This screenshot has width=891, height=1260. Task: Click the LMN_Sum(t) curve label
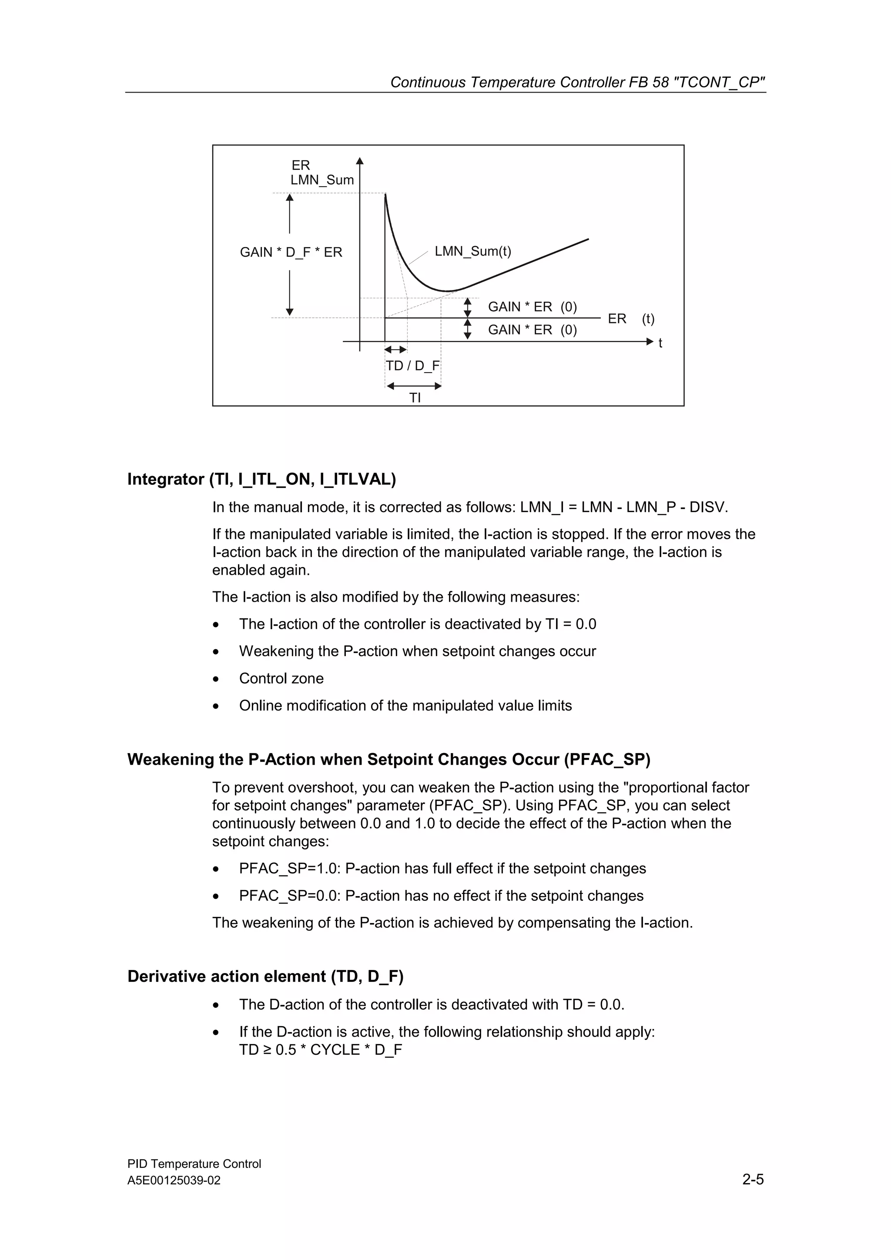(x=472, y=251)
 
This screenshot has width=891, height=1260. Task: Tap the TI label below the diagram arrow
(x=415, y=398)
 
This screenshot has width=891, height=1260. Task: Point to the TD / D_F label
(x=413, y=366)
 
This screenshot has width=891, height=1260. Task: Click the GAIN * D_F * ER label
(x=291, y=253)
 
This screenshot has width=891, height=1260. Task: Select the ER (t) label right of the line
(x=631, y=319)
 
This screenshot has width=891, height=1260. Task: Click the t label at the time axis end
(x=660, y=343)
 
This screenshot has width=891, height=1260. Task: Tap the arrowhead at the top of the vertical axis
(x=360, y=161)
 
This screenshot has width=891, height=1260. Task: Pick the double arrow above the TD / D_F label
(x=395, y=350)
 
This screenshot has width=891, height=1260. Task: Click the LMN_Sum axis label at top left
(x=322, y=180)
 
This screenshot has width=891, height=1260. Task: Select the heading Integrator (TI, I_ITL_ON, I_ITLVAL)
(x=261, y=479)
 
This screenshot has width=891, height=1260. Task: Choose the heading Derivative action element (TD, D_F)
(x=265, y=976)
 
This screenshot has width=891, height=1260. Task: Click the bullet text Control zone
(x=281, y=678)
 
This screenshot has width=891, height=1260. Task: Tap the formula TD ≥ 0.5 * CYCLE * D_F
(x=321, y=1050)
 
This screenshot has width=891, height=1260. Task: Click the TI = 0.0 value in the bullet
(x=570, y=624)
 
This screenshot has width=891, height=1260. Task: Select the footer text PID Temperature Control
(x=194, y=1164)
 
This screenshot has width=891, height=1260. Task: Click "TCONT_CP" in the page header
(x=719, y=82)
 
